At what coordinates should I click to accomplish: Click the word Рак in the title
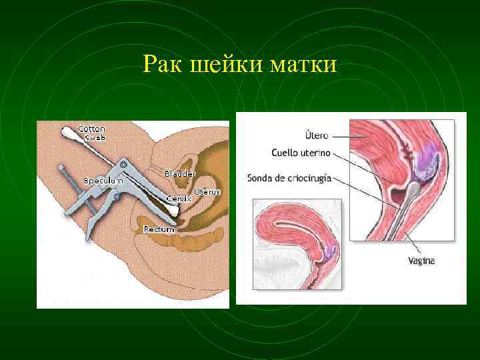coord(163,65)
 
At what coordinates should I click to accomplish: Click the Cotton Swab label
coord(91,133)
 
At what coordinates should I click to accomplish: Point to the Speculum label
coord(103,181)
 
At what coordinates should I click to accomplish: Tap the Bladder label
coord(180,173)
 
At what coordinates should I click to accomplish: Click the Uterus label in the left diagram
coord(207,192)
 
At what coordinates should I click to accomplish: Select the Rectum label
coord(159,229)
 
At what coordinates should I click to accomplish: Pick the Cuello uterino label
coord(301,153)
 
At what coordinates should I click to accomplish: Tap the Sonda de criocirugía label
coord(289,178)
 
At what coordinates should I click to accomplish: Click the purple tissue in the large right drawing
coord(425,164)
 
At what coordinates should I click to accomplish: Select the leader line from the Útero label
coord(345,136)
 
